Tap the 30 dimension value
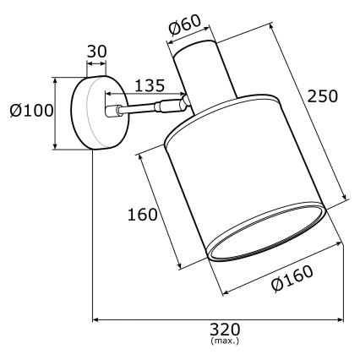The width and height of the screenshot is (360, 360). click(97, 51)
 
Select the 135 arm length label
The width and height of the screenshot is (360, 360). click(149, 85)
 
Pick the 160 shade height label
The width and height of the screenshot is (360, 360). click(142, 214)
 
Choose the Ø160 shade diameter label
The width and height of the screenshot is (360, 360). click(292, 276)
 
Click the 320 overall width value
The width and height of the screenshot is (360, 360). click(224, 329)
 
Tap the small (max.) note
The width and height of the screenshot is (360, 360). click(224, 341)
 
